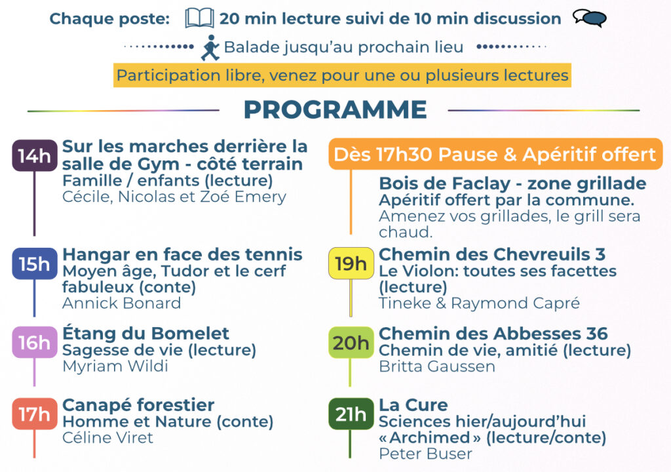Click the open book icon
click(199, 18)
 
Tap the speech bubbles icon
click(590, 18)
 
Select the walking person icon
click(210, 48)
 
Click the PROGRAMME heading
click(335, 109)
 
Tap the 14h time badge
click(35, 155)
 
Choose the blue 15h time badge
click(35, 264)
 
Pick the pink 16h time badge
click(35, 342)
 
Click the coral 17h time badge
click(35, 414)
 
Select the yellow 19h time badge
click(351, 264)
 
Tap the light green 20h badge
click(351, 342)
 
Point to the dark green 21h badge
click(351, 414)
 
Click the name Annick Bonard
click(121, 304)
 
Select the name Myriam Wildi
click(115, 366)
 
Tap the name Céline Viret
click(108, 438)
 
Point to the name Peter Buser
click(425, 454)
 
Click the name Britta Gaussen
click(437, 366)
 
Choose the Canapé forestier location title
click(138, 405)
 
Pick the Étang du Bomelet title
click(146, 333)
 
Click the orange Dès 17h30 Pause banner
click(495, 154)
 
